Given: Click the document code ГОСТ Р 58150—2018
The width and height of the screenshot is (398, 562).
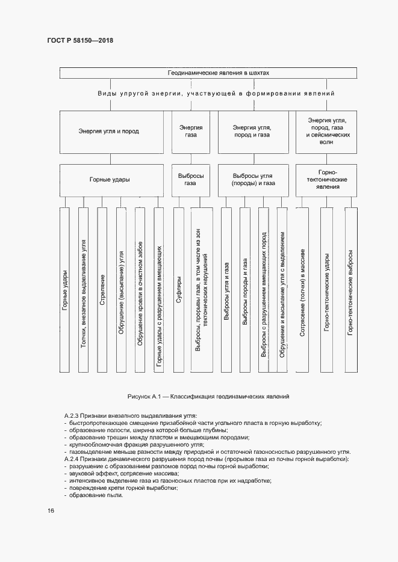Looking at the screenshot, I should click(x=80, y=40).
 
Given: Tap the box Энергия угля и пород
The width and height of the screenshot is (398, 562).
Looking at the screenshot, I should click(x=109, y=131).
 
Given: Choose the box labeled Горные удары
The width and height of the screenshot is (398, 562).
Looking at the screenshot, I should click(x=109, y=179).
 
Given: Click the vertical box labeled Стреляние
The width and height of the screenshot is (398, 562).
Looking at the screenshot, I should click(x=103, y=290).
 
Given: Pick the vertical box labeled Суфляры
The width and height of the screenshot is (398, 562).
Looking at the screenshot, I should click(x=179, y=290).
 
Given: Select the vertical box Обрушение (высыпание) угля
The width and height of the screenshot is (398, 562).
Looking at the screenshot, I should click(x=122, y=290).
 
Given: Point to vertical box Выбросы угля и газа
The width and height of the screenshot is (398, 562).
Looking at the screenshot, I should click(x=226, y=290).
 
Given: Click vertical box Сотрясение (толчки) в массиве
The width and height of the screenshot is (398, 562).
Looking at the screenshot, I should click(x=302, y=290).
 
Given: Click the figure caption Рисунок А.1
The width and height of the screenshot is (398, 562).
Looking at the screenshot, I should click(x=208, y=397).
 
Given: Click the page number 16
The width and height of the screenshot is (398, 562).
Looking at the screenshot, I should click(x=51, y=511).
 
